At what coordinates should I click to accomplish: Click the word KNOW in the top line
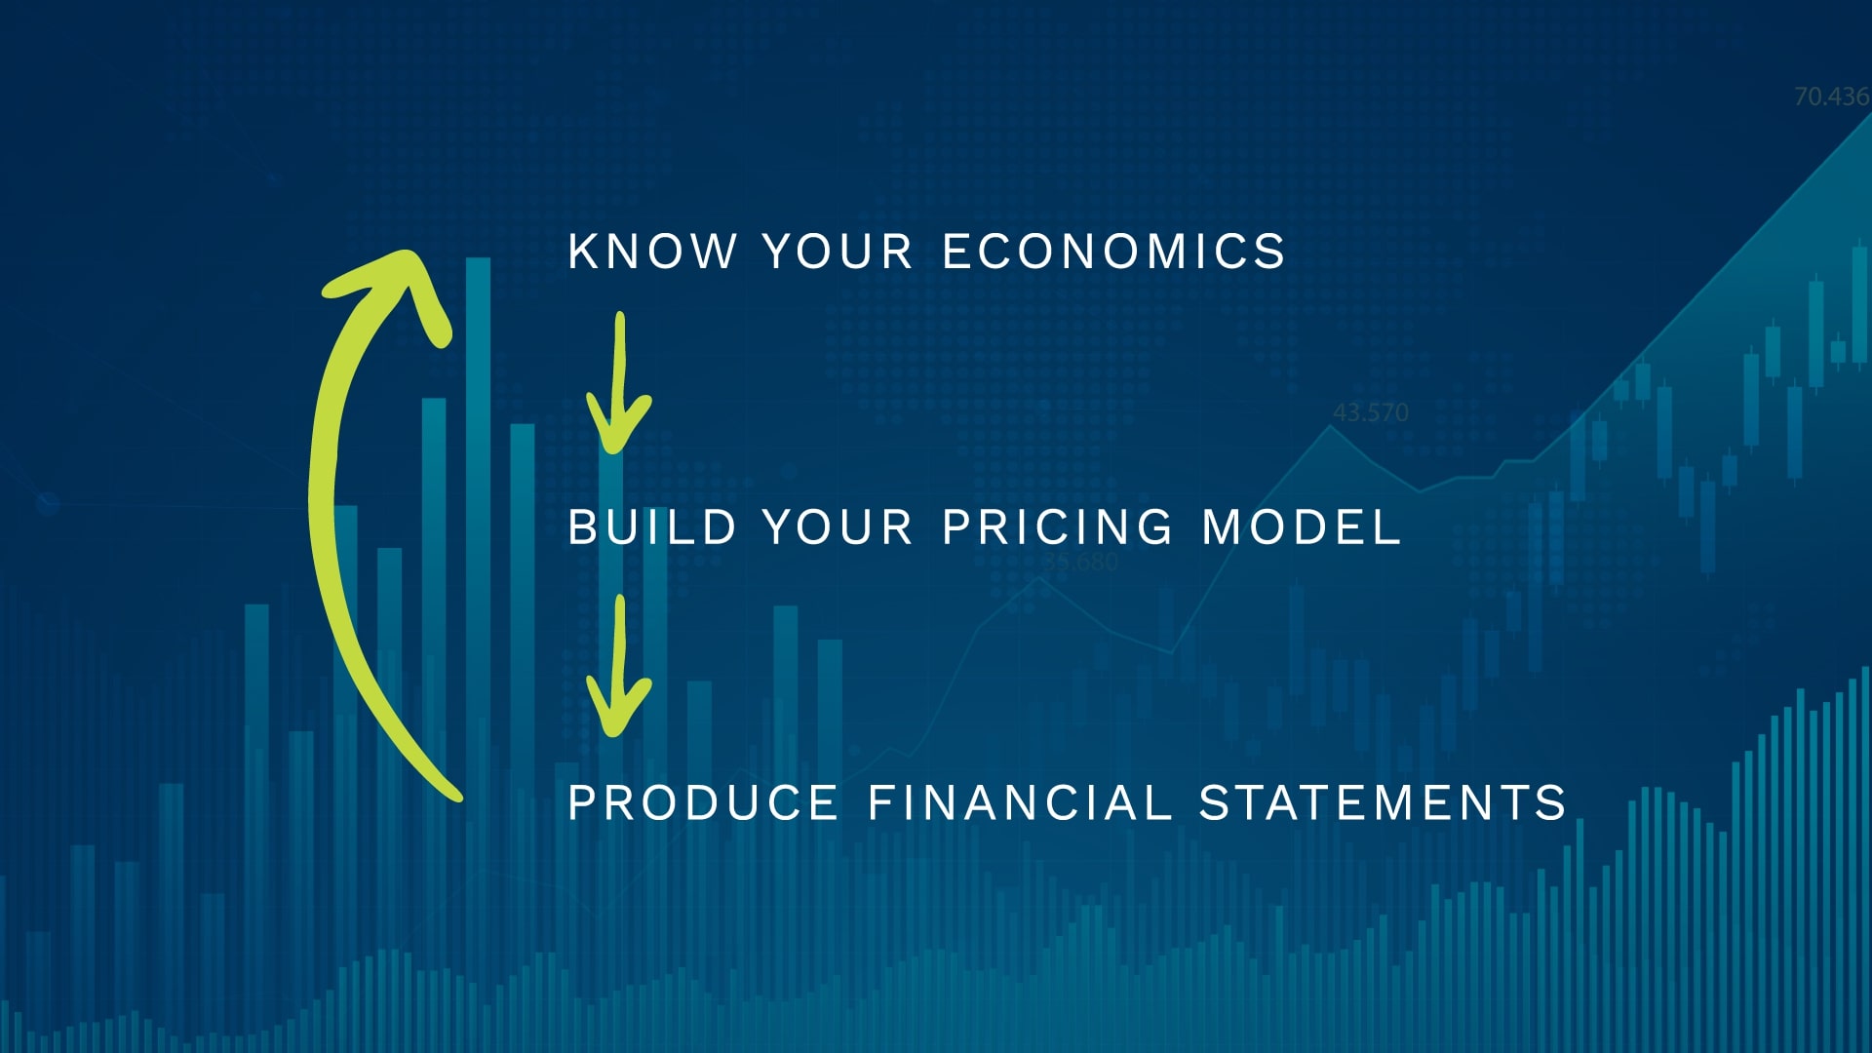(651, 252)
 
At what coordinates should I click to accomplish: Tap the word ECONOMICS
(1113, 252)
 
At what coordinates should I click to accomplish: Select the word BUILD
(651, 527)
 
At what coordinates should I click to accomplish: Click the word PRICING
(1058, 527)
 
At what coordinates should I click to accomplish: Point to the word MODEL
(1302, 527)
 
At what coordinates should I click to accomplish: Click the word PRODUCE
(703, 803)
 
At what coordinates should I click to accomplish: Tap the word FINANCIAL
(1019, 803)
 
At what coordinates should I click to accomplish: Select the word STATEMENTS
(1383, 803)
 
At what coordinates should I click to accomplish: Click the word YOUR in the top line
(838, 252)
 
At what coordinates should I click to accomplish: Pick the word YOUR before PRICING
(838, 527)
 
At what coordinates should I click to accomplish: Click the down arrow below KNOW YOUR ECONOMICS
(618, 382)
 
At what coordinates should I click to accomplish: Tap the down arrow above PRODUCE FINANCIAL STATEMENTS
(618, 666)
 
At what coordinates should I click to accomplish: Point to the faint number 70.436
(1832, 97)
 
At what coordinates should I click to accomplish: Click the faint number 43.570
(1370, 412)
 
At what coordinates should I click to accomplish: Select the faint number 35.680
(1080, 562)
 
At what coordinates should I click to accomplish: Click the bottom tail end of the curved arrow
(455, 796)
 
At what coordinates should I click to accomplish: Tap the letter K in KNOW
(582, 252)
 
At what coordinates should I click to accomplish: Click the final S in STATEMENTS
(1551, 803)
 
